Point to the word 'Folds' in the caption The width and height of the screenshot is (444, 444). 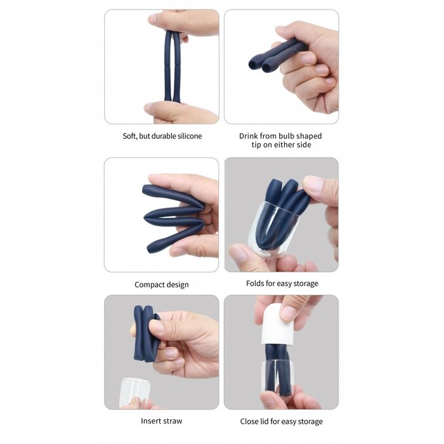pyautogui.click(x=256, y=284)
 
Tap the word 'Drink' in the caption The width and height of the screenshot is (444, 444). pyautogui.click(x=250, y=136)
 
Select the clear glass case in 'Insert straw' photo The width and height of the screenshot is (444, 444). pyautogui.click(x=134, y=393)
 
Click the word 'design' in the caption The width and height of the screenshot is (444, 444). pyautogui.click(x=178, y=285)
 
